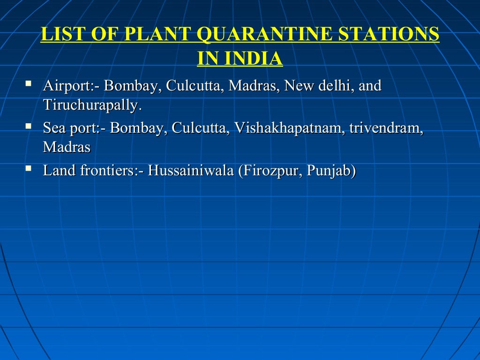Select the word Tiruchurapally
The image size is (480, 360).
[91, 105]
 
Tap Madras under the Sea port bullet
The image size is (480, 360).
[67, 147]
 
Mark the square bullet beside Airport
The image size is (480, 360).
[29, 85]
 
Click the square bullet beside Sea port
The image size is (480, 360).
[29, 127]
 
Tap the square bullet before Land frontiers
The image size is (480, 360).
[29, 169]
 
